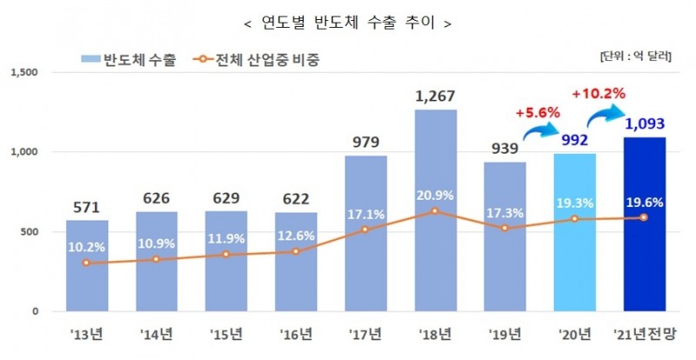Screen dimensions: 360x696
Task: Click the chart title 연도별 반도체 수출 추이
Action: pyautogui.click(x=347, y=23)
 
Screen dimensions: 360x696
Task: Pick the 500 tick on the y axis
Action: pyautogui.click(x=28, y=232)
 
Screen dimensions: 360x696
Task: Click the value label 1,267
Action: pyautogui.click(x=435, y=95)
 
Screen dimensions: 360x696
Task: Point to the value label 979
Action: pyautogui.click(x=365, y=141)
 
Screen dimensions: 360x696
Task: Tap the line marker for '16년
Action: pyautogui.click(x=296, y=251)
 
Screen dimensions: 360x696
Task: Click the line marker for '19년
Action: pyautogui.click(x=505, y=229)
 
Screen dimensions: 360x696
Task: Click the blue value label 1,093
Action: pyautogui.click(x=646, y=123)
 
